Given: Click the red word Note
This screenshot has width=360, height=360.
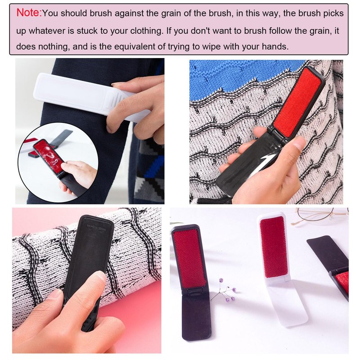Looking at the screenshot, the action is [29, 13].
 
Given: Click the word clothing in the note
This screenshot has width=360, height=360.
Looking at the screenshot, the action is [147, 31].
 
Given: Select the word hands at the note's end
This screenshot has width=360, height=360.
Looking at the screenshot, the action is [275, 47].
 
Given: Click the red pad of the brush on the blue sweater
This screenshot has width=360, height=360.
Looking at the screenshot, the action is [297, 102].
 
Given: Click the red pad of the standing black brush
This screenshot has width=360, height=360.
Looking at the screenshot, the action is [189, 258].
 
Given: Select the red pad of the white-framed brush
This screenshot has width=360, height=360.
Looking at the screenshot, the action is [274, 247].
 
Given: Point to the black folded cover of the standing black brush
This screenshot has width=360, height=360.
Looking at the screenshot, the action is [197, 316].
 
